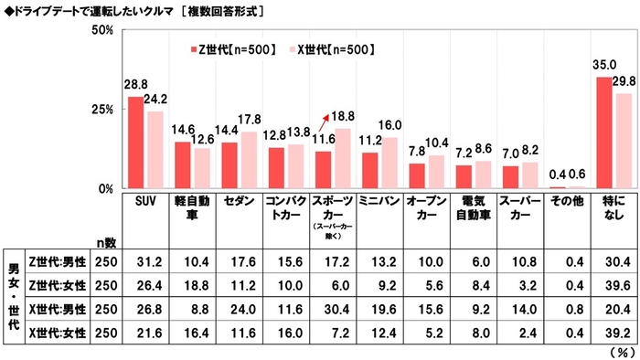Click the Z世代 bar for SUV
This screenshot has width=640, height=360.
(x=134, y=142)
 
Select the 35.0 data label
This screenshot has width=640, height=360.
(x=603, y=66)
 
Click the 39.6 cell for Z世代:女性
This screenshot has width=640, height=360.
(x=614, y=284)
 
